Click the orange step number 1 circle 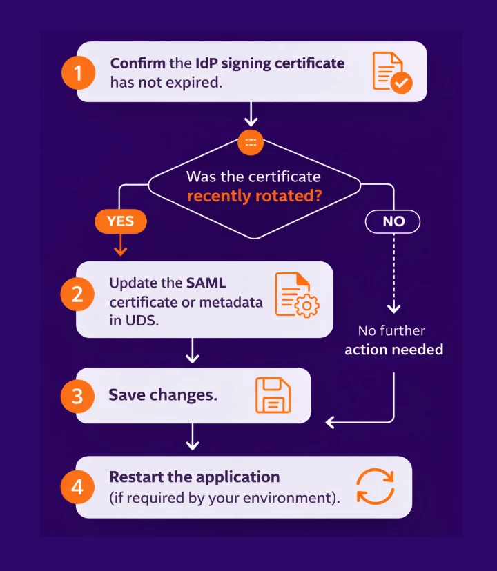(x=79, y=72)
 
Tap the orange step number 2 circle (x=79, y=294)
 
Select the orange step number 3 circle (x=78, y=396)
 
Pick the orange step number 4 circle (x=78, y=487)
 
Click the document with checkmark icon (x=391, y=72)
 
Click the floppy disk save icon (x=273, y=395)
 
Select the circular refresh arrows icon (x=375, y=487)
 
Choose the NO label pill (x=393, y=221)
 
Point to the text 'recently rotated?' (x=255, y=195)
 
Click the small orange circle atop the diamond (x=251, y=141)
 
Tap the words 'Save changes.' (x=163, y=395)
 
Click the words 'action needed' (x=393, y=350)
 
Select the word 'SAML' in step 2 (x=206, y=283)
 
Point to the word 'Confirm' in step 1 (x=138, y=63)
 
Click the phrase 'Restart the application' (x=194, y=477)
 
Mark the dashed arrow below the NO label (x=393, y=273)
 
